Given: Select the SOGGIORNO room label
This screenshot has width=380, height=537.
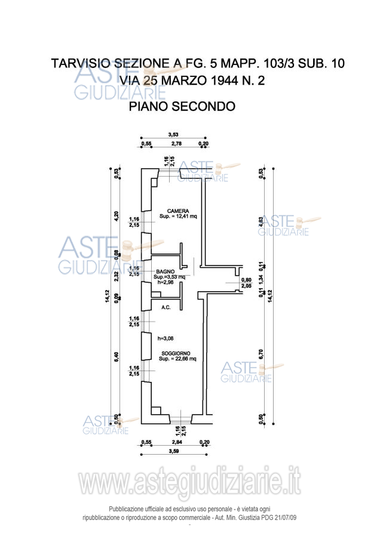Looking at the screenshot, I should [174, 354].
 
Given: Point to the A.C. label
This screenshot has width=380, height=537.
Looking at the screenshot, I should [166, 307].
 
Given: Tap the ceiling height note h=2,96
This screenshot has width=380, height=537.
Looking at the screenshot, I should [164, 282].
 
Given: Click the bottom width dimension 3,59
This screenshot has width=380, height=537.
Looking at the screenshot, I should [174, 452].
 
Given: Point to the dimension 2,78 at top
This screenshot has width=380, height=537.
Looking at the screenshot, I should [176, 144].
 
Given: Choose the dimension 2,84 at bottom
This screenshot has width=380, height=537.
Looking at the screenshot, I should [177, 443].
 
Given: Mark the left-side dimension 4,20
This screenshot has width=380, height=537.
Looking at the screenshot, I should [117, 215].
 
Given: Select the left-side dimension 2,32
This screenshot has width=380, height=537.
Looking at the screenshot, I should [117, 275].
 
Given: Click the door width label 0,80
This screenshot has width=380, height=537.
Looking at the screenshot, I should [246, 280].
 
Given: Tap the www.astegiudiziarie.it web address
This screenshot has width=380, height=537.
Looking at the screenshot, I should [189, 483].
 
